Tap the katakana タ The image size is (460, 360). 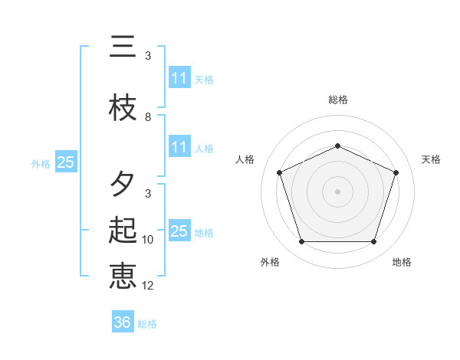pyautogui.click(x=123, y=184)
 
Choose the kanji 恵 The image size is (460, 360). pyautogui.click(x=123, y=275)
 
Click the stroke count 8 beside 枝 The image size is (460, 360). pyautogui.click(x=148, y=117)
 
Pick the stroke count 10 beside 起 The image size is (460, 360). pyautogui.click(x=149, y=240)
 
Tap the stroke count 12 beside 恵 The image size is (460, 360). pyautogui.click(x=149, y=286)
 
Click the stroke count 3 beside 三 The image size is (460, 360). pyautogui.click(x=148, y=56)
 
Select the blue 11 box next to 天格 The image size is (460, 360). pyautogui.click(x=179, y=78)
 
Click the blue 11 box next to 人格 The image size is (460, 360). pyautogui.click(x=179, y=147)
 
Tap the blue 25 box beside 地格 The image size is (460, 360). pyautogui.click(x=179, y=231)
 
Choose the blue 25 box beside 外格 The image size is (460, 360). pyautogui.click(x=65, y=162)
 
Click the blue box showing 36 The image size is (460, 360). pyautogui.click(x=122, y=322)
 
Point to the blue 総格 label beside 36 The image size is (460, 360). pyautogui.click(x=147, y=324)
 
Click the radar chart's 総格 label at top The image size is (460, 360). pyautogui.click(x=337, y=100)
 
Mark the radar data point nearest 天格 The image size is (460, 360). pyautogui.click(x=396, y=172)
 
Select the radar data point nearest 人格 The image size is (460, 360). pyautogui.click(x=279, y=172)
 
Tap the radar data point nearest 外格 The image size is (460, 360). pyautogui.click(x=301, y=242)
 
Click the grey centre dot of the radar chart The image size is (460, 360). pyautogui.click(x=337, y=191)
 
